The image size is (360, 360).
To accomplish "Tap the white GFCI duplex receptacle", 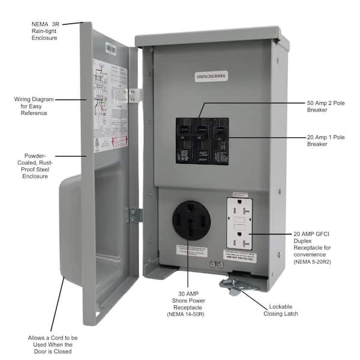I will tap(239, 223).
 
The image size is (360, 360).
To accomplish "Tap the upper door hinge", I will tap(136, 95).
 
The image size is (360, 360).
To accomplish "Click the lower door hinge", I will tap(134, 215).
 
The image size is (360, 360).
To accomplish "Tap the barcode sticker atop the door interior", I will tap(111, 47).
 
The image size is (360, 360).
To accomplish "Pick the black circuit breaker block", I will tap(202, 141).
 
